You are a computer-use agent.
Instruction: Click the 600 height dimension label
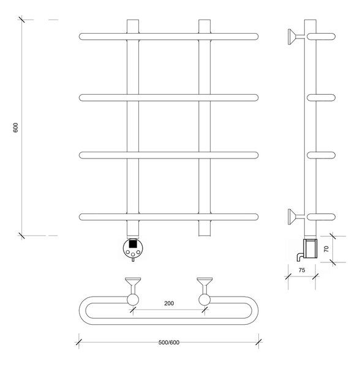point(15,128)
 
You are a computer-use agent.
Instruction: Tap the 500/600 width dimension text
point(168,343)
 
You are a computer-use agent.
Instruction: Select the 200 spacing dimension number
point(169,303)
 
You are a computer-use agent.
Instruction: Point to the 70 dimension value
point(326,249)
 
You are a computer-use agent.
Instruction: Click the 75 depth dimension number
point(302,270)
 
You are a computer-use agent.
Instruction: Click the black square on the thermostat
point(133,243)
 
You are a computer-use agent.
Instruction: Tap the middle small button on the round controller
point(133,254)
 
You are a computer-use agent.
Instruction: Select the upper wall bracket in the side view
point(296,37)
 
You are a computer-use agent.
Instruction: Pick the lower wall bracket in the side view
point(296,217)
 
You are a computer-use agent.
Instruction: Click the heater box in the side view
point(310,248)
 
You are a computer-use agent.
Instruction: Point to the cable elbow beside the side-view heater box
point(300,257)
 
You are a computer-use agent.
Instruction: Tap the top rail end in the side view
point(321,37)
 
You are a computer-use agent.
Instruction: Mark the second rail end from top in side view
point(321,98)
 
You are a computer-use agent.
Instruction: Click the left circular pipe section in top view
point(133,300)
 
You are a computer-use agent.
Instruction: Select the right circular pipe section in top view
point(204,300)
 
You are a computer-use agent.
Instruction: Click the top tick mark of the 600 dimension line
point(22,20)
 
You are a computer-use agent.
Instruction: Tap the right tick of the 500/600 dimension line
point(258,342)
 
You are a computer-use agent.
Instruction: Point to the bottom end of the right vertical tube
point(204,235)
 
